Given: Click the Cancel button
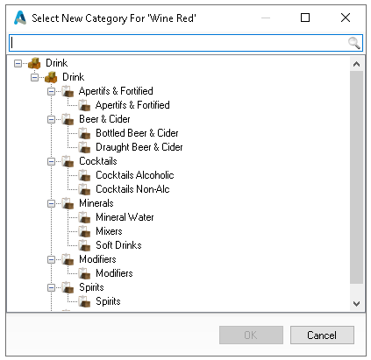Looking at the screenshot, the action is tap(322, 335).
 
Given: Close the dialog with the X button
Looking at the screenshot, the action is tap(346, 18).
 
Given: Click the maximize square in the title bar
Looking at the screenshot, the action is tap(305, 18).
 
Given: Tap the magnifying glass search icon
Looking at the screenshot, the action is tap(353, 43).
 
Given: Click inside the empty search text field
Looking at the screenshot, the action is tap(178, 43).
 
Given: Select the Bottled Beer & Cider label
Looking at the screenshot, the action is tap(137, 133).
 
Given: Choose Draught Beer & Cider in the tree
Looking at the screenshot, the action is tap(139, 147).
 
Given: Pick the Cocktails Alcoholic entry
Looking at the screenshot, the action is tap(135, 175).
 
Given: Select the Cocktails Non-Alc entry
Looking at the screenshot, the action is tap(132, 189).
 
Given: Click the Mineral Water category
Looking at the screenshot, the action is tap(125, 217).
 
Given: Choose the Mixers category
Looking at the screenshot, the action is tap(109, 231).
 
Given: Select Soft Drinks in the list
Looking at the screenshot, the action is tap(118, 245).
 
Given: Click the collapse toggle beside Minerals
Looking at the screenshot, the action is tap(51, 203).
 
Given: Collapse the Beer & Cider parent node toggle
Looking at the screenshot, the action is tap(51, 119).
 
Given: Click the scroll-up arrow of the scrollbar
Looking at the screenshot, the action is tap(356, 64).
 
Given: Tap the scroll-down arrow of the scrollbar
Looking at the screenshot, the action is tap(356, 304).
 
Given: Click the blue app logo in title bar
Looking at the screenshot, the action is tap(20, 18).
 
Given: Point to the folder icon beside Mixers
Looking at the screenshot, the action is tap(84, 231).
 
